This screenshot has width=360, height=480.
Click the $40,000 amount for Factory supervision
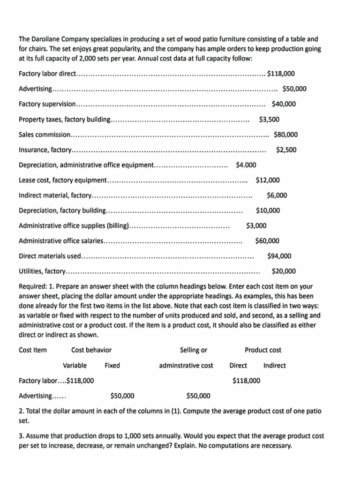click(284, 104)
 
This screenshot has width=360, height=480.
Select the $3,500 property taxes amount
click(269, 120)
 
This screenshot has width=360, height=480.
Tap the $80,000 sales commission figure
click(285, 135)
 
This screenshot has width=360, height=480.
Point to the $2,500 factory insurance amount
click(286, 150)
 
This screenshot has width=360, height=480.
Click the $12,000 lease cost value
click(268, 180)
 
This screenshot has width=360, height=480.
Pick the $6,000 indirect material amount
click(277, 195)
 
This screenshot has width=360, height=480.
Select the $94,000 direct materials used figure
click(279, 256)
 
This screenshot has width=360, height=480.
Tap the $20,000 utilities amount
click(284, 271)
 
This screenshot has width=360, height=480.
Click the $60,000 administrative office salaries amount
click(267, 241)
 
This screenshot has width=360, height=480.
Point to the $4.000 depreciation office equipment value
click(246, 165)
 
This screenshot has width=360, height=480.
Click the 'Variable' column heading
click(75, 366)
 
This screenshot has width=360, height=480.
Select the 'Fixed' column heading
click(112, 366)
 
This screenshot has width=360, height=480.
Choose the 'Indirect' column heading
click(274, 366)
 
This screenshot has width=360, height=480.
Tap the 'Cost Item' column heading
click(32, 350)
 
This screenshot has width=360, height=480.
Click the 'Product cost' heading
click(262, 350)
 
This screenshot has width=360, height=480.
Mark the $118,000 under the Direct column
click(246, 381)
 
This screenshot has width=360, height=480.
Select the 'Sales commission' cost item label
click(44, 135)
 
